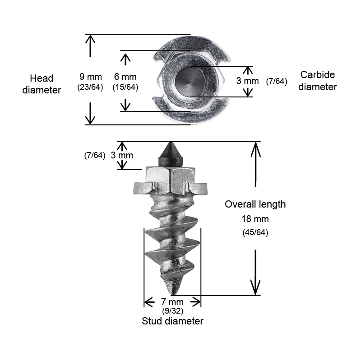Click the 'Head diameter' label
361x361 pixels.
(x=42, y=84)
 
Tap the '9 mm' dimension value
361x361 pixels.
(x=91, y=77)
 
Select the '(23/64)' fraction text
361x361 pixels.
(x=90, y=87)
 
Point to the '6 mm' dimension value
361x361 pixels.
(x=125, y=77)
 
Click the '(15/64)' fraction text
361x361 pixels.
(x=125, y=87)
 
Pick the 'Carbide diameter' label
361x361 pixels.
(x=318, y=81)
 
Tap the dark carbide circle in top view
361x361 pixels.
(x=190, y=82)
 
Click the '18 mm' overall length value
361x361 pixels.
(x=255, y=219)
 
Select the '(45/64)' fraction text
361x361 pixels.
(x=255, y=232)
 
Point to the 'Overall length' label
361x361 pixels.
(x=255, y=204)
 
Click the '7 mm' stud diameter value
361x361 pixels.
(x=172, y=301)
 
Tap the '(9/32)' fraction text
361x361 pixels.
(x=173, y=311)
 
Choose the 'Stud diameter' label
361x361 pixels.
(x=172, y=321)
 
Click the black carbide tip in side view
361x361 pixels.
(x=171, y=154)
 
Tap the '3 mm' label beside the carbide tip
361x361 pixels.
(x=122, y=155)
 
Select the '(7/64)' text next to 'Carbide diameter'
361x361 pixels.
(x=277, y=82)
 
